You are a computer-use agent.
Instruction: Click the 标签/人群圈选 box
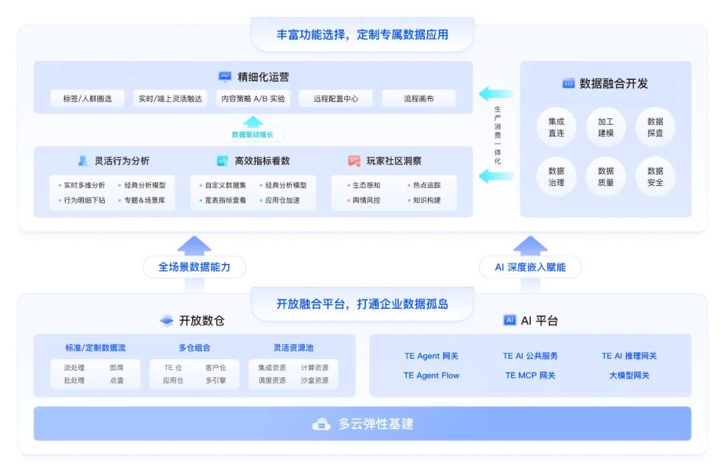(87, 99)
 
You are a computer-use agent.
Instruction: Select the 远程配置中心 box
(336, 99)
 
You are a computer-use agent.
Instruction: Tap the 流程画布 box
(419, 99)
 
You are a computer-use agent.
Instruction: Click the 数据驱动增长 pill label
(252, 134)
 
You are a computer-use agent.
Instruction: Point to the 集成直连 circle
(556, 127)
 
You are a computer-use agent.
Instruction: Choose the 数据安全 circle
(655, 177)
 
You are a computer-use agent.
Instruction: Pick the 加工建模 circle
(606, 127)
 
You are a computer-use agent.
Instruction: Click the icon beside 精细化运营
(225, 77)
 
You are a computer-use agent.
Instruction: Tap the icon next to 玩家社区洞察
(354, 161)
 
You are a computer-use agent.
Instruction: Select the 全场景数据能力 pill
(194, 267)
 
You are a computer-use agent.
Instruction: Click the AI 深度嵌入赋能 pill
(530, 267)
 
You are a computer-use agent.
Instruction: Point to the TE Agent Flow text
(431, 375)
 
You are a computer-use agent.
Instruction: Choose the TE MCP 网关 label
(530, 375)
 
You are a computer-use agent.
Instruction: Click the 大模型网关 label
(629, 375)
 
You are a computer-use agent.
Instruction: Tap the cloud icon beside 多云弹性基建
(322, 424)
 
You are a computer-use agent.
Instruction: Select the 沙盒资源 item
(315, 380)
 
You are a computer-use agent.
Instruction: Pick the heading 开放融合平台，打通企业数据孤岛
(362, 303)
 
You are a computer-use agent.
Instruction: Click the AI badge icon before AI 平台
(510, 320)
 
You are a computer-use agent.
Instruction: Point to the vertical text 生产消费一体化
(497, 135)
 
